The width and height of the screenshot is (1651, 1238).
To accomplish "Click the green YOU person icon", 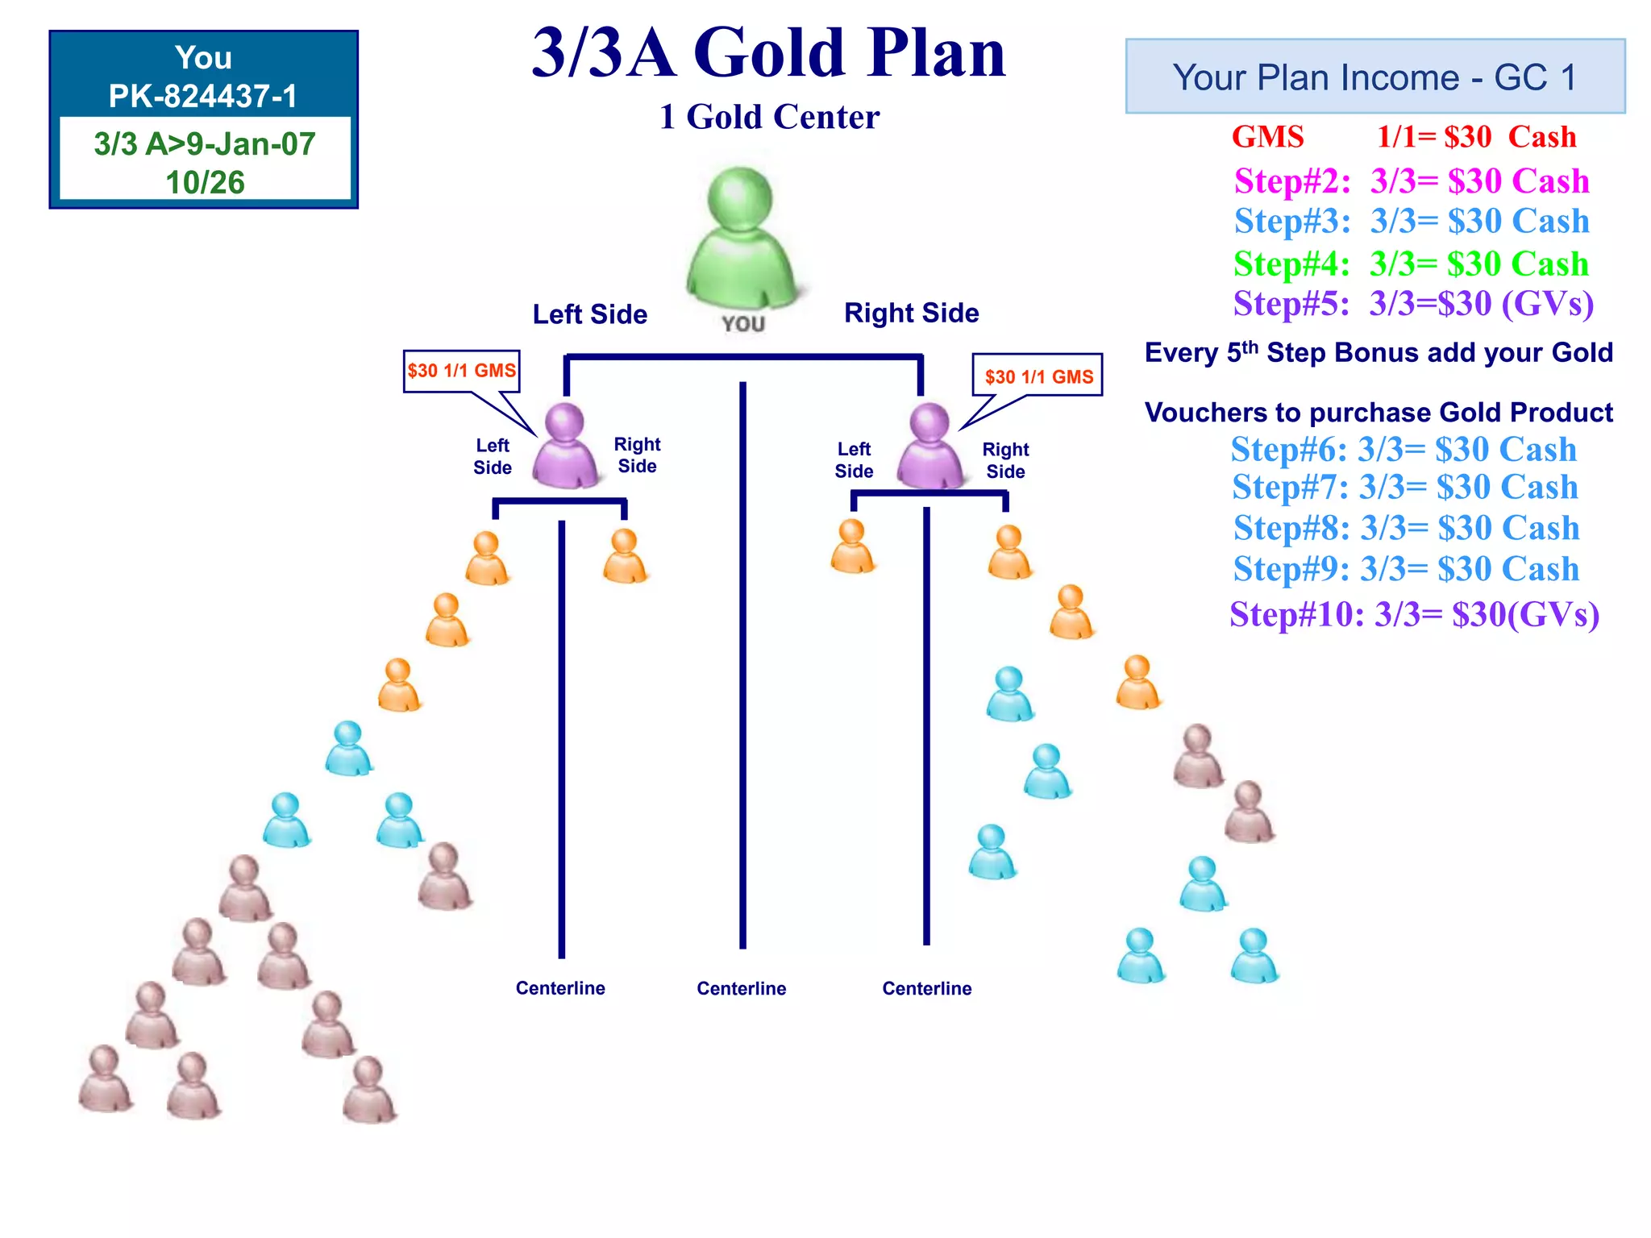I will (740, 239).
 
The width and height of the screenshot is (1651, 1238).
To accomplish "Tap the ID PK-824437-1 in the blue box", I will (203, 96).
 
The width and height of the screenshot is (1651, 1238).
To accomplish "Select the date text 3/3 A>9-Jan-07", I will (205, 143).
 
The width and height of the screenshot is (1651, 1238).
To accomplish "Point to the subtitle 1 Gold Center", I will (769, 117).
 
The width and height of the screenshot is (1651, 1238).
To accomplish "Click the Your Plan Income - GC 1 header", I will (1374, 77).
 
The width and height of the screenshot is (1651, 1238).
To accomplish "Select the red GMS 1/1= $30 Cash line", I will (1404, 137).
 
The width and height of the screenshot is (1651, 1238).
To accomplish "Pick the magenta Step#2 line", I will (1412, 181).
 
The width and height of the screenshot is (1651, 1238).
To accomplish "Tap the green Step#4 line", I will (1411, 264).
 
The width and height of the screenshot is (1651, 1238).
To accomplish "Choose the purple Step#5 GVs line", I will (1413, 304).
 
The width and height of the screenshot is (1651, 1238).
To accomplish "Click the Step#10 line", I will (1414, 614).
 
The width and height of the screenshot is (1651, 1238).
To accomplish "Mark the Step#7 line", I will (1405, 488).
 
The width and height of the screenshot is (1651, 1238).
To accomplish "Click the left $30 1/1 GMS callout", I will (461, 371).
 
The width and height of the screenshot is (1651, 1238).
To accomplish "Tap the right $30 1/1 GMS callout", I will (1038, 376).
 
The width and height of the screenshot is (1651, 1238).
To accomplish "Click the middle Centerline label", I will (742, 988).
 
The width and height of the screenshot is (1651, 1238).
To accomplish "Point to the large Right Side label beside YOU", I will (911, 313).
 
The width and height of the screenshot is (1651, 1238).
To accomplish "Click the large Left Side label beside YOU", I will (590, 314).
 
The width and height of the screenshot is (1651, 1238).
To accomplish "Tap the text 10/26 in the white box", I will (205, 182).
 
